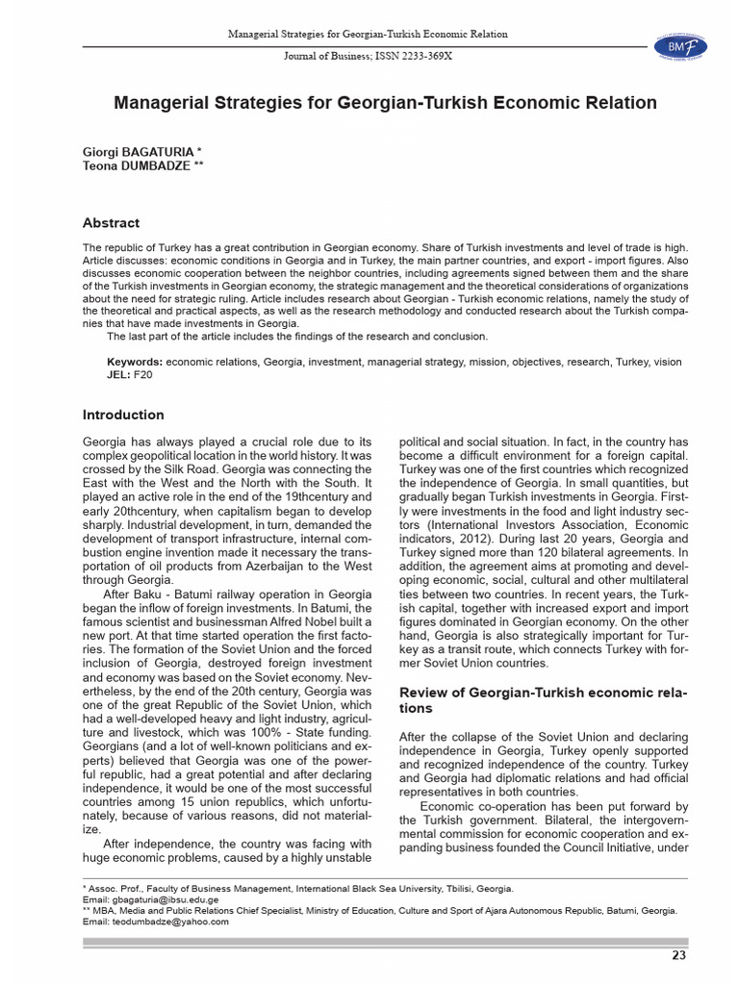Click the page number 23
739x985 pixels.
(677, 955)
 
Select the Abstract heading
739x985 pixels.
(111, 223)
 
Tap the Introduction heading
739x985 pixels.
(123, 415)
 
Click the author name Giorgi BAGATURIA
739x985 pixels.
(139, 152)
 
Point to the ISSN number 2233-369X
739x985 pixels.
(422, 57)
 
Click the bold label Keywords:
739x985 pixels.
(134, 362)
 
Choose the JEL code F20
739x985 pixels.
(141, 374)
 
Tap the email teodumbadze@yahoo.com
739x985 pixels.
(172, 921)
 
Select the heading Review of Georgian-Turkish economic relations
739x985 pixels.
(543, 700)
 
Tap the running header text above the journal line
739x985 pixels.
(368, 35)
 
